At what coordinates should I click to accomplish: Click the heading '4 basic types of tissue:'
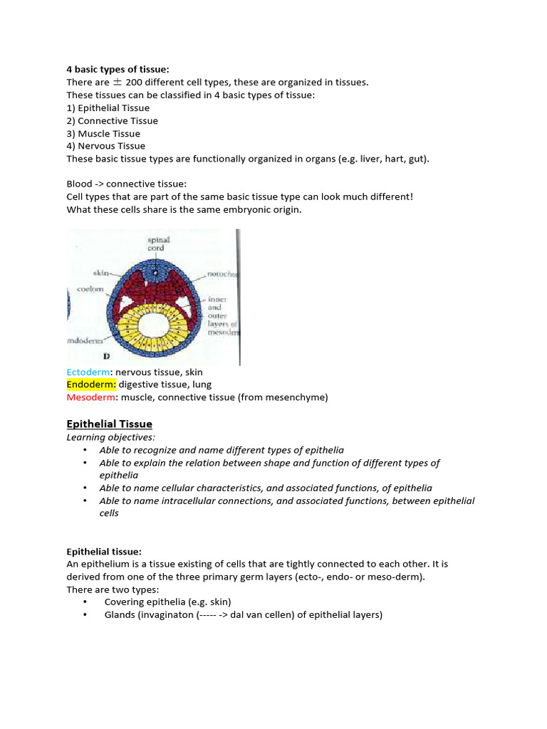(x=118, y=69)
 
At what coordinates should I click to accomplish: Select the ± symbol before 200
(x=118, y=82)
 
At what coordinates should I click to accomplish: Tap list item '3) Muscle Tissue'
(x=103, y=133)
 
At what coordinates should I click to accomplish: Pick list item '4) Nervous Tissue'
(x=105, y=146)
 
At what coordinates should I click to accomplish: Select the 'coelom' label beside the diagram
(x=90, y=290)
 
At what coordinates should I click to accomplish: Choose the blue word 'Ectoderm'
(x=88, y=372)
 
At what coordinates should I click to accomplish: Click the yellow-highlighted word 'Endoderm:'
(x=91, y=384)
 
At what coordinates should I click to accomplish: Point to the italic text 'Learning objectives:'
(x=110, y=437)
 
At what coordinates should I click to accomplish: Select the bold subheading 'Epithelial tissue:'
(x=104, y=551)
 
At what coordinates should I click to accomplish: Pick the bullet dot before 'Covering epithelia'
(x=85, y=602)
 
